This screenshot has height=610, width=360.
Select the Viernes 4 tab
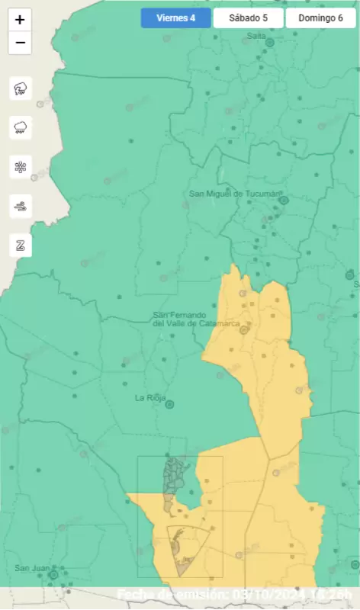click(175, 18)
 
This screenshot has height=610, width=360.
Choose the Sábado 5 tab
click(248, 18)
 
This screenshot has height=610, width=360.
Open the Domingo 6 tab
click(320, 18)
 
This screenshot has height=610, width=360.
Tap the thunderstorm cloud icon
click(21, 89)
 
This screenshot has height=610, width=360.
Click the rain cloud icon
click(21, 128)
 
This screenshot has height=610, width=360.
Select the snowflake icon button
click(21, 167)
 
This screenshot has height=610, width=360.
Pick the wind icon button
click(21, 206)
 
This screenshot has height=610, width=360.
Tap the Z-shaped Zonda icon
click(21, 245)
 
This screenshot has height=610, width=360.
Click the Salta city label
click(256, 35)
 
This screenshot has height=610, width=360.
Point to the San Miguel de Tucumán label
click(236, 194)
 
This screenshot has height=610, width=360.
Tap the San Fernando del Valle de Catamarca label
click(196, 319)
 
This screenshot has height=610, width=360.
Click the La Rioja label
click(150, 398)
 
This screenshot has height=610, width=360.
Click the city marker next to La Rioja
click(170, 404)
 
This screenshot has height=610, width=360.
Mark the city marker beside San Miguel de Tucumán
click(283, 201)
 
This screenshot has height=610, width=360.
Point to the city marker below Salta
click(269, 43)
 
